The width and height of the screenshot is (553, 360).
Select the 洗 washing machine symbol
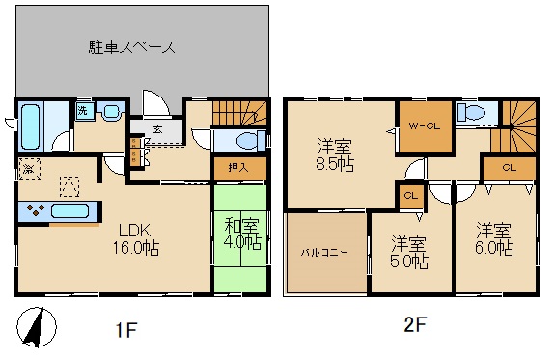tap(83, 112)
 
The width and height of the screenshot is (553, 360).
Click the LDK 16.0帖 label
tap(139, 238)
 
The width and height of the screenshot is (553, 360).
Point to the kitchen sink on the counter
tap(69, 210)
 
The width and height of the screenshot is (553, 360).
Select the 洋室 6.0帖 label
tap(492, 238)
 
